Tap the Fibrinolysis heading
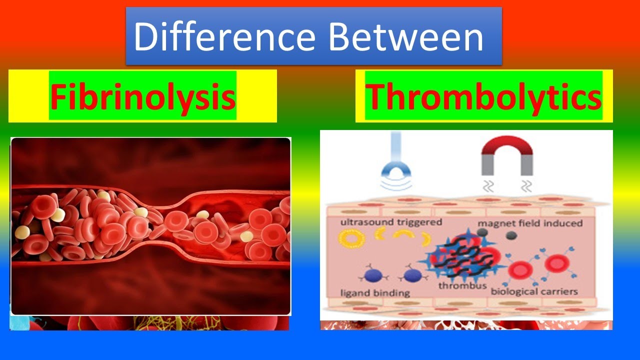tap(142, 96)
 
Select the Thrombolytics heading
tap(483, 96)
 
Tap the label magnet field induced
tap(530, 223)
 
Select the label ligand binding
tap(375, 293)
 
